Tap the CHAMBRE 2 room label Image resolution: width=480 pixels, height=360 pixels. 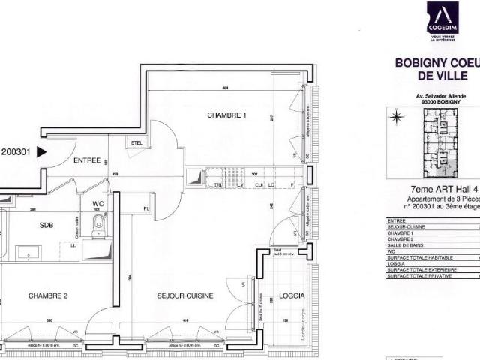pos(49,296)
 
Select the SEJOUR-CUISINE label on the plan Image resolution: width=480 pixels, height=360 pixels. pos(186,296)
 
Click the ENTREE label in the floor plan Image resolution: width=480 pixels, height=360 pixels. pos(87,160)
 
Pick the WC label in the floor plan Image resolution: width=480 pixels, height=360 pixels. pos(97,204)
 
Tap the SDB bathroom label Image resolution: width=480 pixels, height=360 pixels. pos(49,224)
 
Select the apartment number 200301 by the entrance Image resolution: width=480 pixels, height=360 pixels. pos(16,151)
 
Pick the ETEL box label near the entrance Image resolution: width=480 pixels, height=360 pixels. pos(136,142)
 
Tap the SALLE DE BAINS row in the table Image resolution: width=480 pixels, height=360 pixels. pos(409,246)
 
